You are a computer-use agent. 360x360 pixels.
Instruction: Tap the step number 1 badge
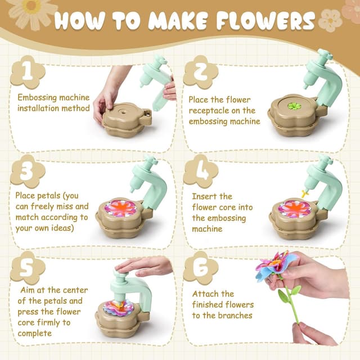pyautogui.click(x=27, y=71)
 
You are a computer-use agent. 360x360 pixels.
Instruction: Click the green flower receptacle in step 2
pyautogui.click(x=295, y=106)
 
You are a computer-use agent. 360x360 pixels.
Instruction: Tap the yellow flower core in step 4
pyautogui.click(x=304, y=193)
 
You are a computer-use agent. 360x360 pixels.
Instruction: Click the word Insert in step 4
pyautogui.click(x=204, y=196)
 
